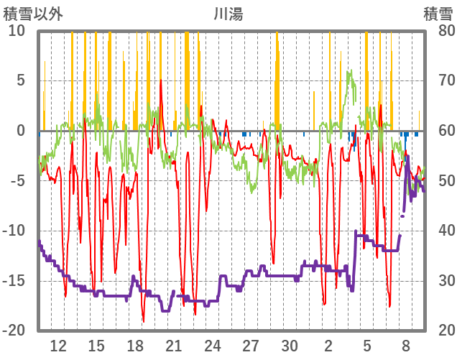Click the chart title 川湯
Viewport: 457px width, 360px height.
click(x=228, y=14)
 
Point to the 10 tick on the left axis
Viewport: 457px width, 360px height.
click(x=17, y=31)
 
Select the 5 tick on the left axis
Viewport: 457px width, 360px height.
click(x=20, y=80)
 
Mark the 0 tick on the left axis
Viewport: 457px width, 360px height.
click(x=20, y=131)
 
